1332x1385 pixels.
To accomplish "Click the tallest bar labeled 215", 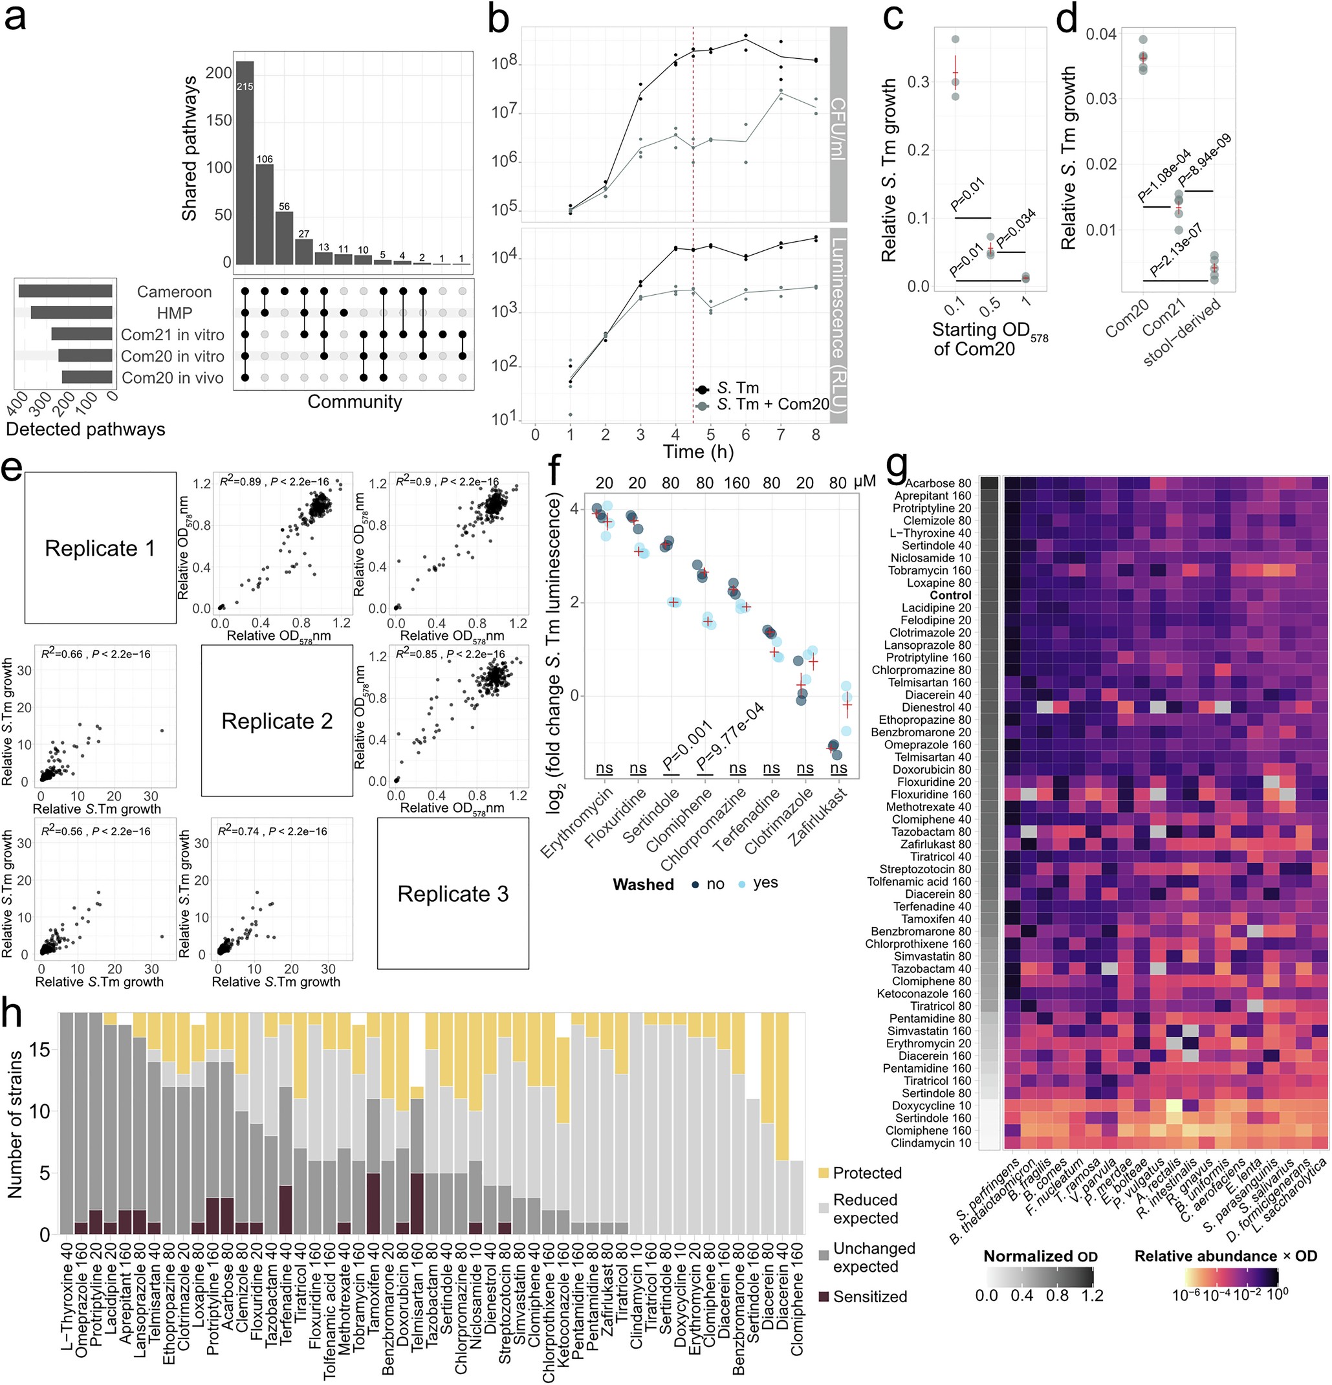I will pyautogui.click(x=245, y=162).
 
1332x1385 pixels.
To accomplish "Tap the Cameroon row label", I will pyautogui.click(x=174, y=292).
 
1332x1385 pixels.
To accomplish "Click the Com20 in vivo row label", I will pyautogui.click(x=173, y=378).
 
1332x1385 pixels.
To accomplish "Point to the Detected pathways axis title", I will pyautogui.click(x=85, y=430).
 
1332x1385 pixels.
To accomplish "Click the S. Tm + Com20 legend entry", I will pyautogui.click(x=772, y=404).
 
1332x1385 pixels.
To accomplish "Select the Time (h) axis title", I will pyautogui.click(x=697, y=452).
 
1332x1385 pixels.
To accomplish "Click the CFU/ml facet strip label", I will pyautogui.click(x=837, y=127).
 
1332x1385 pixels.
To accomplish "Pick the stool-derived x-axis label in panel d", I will pyautogui.click(x=1182, y=332).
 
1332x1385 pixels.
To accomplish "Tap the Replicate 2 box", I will pyautogui.click(x=277, y=721).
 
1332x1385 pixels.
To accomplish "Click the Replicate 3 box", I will pyautogui.click(x=453, y=894).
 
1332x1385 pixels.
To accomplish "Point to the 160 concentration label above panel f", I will pyautogui.click(x=737, y=483).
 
